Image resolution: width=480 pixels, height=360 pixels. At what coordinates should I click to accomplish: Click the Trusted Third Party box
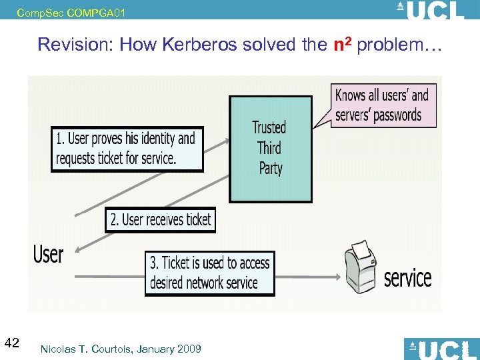pos(270,149)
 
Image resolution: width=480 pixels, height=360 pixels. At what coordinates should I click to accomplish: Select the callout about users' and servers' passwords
pos(383,105)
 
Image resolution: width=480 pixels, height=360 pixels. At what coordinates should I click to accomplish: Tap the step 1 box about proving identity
pos(127,148)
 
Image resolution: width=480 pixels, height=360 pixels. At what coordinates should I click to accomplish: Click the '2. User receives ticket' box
pos(160,219)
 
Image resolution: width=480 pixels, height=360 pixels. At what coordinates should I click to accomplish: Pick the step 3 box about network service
pos(210,273)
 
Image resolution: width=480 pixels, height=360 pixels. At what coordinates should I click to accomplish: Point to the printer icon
pos(361,266)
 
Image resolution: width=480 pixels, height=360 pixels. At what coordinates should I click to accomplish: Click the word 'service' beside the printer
pos(407,277)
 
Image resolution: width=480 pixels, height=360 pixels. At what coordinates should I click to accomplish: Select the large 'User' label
pos(49,254)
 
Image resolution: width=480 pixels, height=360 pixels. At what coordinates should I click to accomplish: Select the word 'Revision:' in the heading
pos(69,45)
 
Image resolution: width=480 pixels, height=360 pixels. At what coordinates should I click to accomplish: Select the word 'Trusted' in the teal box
pos(269,127)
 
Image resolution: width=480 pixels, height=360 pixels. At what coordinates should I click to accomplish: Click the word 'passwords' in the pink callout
pos(397,115)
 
